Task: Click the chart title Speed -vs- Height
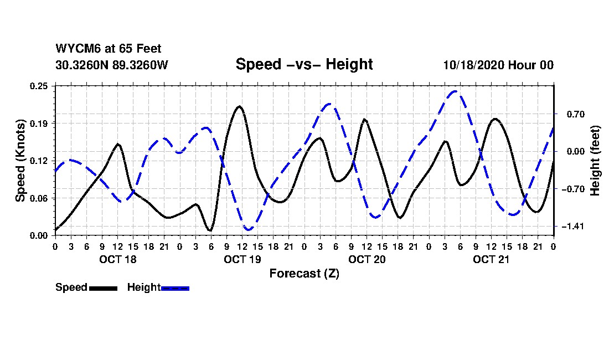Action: [304, 64]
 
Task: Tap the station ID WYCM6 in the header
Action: [75, 49]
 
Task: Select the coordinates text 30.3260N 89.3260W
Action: [111, 65]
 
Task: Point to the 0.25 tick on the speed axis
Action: [40, 86]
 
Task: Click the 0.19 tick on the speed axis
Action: [40, 123]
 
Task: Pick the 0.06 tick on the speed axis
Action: [40, 198]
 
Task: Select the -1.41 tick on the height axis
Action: [567, 227]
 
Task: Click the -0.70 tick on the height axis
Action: [567, 189]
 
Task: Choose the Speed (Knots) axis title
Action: [20, 161]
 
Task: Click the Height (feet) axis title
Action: [596, 161]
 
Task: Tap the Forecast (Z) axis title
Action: [304, 274]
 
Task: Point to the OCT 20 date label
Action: [367, 259]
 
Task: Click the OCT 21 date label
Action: [491, 259]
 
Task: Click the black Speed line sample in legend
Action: [103, 288]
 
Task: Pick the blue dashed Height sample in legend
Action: [175, 288]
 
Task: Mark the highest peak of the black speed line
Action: [239, 106]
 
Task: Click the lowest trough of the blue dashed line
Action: [249, 229]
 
